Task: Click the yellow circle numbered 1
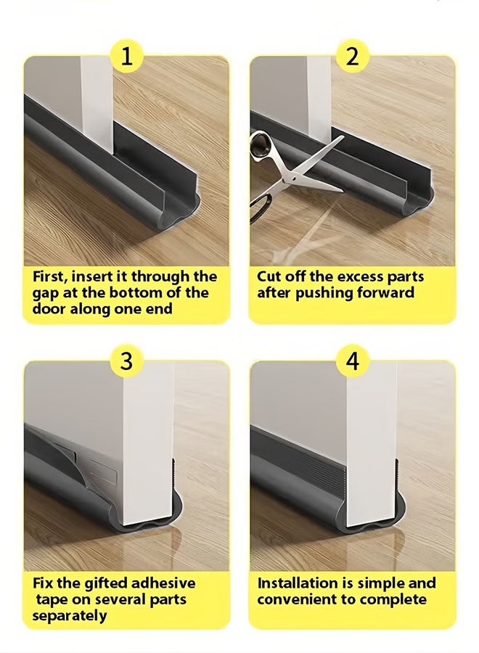click(127, 56)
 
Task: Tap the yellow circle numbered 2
click(353, 56)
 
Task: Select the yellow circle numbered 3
click(127, 361)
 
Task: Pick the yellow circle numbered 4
click(353, 361)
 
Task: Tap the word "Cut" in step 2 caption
click(269, 276)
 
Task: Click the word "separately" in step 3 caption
click(69, 615)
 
